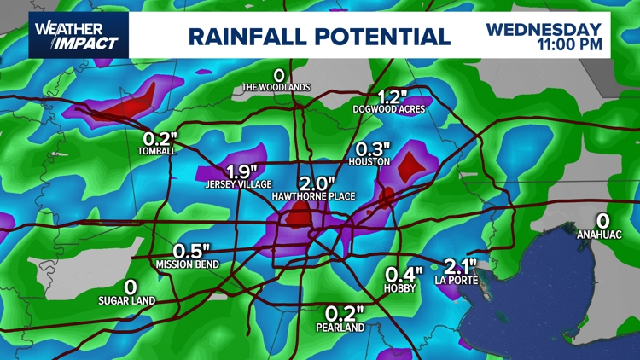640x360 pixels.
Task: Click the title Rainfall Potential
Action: (x=318, y=37)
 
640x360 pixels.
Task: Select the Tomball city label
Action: (x=156, y=151)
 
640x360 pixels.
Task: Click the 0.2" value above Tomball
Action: (x=159, y=137)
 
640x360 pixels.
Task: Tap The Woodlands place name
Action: (x=276, y=87)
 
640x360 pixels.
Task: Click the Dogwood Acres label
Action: (x=389, y=109)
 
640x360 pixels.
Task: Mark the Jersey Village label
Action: (x=238, y=184)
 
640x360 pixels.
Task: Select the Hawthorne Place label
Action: (x=313, y=197)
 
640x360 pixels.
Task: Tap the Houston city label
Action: (x=369, y=161)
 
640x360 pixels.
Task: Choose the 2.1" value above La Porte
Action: (x=460, y=266)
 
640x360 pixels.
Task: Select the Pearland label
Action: (x=340, y=328)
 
